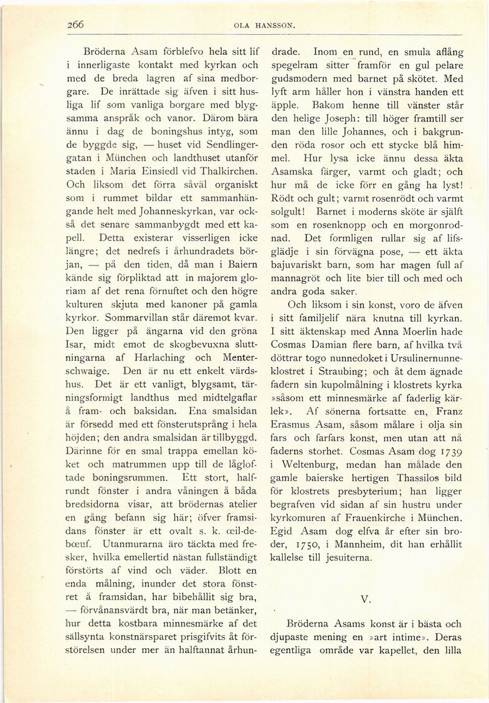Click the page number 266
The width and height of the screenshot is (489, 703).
tap(76, 25)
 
